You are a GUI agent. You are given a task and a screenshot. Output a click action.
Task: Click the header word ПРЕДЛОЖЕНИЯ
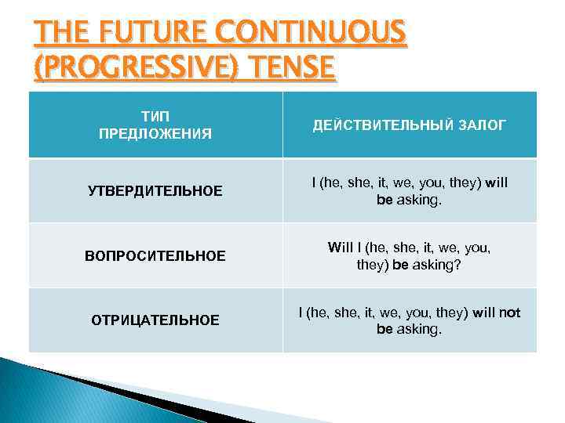coord(155,133)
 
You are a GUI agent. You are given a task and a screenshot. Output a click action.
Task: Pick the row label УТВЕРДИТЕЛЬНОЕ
coord(155,191)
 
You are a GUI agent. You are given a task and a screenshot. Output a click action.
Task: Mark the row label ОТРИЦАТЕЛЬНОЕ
coord(155,320)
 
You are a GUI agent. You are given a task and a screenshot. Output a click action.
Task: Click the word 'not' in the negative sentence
coord(509,313)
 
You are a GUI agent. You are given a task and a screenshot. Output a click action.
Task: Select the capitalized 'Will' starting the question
coord(341,248)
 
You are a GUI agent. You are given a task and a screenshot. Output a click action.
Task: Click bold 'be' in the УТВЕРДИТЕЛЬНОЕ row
coord(385,200)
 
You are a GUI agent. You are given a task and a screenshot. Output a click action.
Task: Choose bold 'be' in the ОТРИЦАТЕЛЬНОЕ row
coord(385,329)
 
